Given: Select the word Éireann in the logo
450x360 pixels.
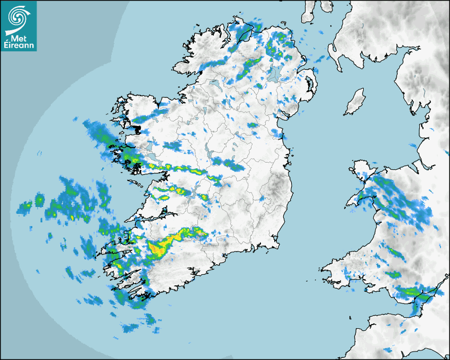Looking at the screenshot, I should point(19,46).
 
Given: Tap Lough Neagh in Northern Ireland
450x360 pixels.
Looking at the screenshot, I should point(274,73).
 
